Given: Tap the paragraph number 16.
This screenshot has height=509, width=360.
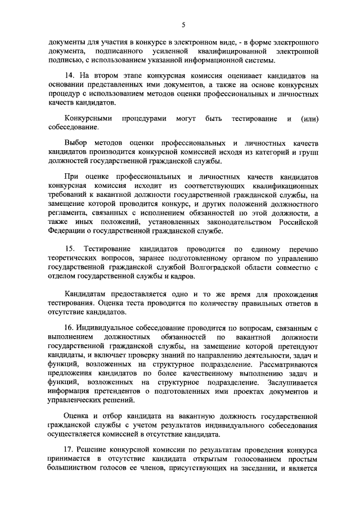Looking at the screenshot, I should (70, 327).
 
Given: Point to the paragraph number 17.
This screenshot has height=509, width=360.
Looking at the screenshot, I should (70, 452).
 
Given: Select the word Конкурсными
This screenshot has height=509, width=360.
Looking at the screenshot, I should (88, 119).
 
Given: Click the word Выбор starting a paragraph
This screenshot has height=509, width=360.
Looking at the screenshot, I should (76, 143).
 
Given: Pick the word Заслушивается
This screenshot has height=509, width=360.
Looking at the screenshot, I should (292, 382).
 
